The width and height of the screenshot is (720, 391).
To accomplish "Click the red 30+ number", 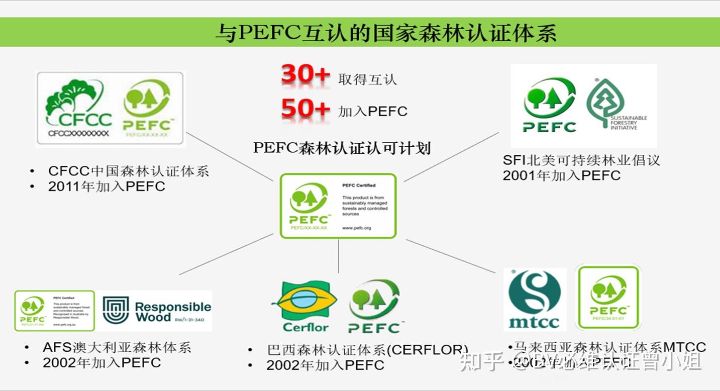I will click(305, 76).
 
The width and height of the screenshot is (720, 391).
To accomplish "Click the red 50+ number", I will click(305, 109).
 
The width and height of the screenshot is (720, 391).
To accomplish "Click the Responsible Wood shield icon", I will click(116, 310).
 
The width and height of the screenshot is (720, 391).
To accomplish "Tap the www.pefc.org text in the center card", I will click(356, 228).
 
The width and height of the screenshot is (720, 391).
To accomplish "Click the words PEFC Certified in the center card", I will click(359, 185).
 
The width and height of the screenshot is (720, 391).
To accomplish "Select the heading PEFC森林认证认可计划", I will click(342, 148).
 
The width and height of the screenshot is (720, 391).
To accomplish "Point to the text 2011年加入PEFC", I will click(107, 186).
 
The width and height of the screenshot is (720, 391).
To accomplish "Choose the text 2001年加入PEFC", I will click(561, 175).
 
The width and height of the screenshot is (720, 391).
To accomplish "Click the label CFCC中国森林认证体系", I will click(128, 171).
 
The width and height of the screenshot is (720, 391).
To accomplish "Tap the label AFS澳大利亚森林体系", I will click(117, 347).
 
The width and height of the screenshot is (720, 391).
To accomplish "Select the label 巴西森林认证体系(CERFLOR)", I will click(367, 350).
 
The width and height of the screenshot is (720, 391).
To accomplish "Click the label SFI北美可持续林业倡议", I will click(581, 160).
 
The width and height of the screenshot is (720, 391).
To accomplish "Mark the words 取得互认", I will click(367, 79).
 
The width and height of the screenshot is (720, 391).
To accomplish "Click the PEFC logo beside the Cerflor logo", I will click(374, 306).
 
